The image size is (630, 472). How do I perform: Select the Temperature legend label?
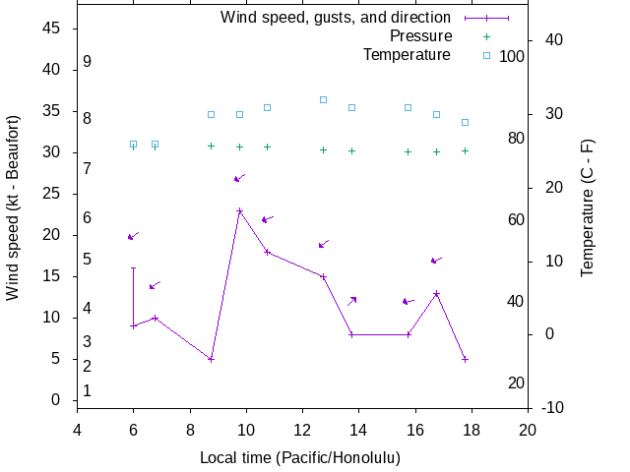point(407,54)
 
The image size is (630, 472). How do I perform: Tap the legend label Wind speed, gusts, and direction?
point(336,18)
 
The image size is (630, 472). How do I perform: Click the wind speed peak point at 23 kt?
point(239,210)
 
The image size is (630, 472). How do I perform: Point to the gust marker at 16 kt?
point(134,267)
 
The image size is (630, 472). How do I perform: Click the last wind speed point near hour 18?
point(465,359)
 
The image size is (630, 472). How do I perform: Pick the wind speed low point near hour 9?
point(211,359)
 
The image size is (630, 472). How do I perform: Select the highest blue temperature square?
point(323,99)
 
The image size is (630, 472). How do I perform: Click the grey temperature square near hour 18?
point(465,122)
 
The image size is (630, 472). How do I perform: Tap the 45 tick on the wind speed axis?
point(53,29)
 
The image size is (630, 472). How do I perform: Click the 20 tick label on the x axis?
point(528,430)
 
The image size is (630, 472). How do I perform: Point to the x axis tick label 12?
point(302,430)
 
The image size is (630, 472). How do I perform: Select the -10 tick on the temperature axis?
point(553,407)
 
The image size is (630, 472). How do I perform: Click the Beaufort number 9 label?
point(88,61)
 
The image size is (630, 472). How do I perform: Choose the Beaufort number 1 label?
point(88,390)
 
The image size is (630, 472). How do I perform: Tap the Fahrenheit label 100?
point(512,56)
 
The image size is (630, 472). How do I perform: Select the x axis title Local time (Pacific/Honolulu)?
point(300,458)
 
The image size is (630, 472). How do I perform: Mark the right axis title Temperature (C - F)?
point(588,206)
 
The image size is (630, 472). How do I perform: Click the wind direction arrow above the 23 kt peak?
point(239,178)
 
